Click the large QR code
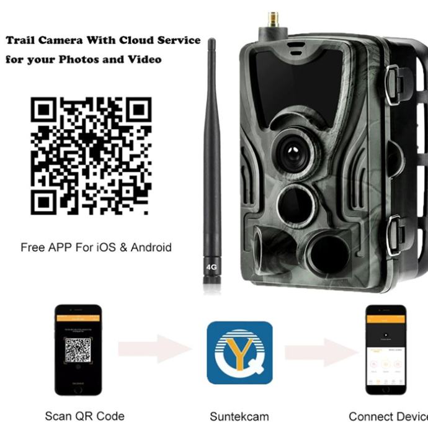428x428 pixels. pos(91,156)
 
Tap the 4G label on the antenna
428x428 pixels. pos(212,268)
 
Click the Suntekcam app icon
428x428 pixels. pos(239,352)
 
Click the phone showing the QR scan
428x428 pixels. pos(78,350)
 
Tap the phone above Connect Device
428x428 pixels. pos(385,350)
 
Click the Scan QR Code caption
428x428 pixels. pos(84,416)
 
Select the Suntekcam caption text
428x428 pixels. pos(239,416)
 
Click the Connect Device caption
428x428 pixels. pos(388,416)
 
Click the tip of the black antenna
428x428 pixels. pos(212,42)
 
